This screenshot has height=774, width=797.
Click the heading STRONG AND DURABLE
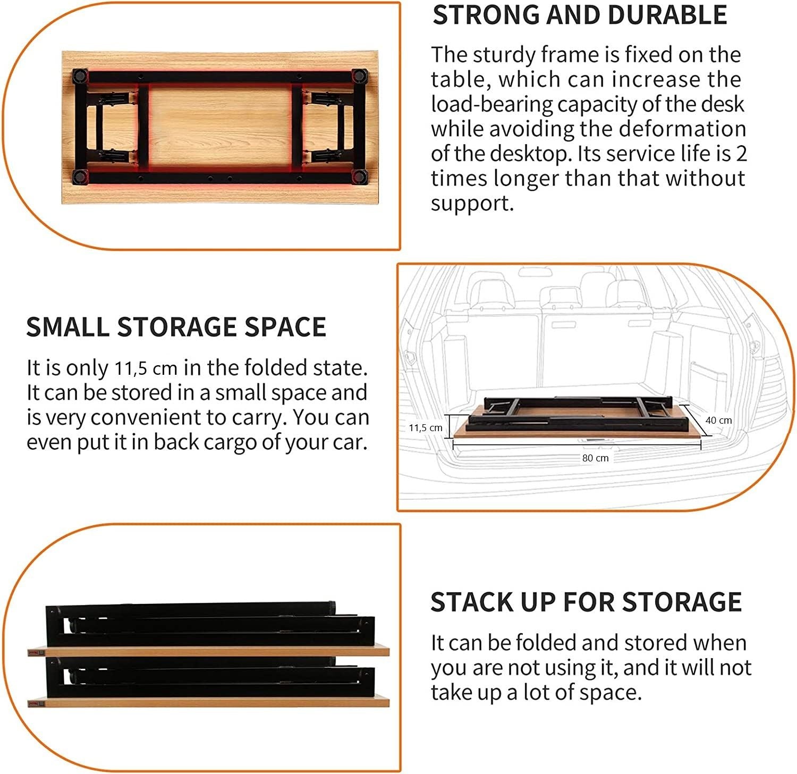(x=580, y=15)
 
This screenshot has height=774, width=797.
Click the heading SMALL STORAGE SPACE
(x=176, y=326)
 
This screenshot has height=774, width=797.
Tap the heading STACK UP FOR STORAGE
(x=586, y=602)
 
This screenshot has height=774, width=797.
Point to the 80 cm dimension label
(x=595, y=458)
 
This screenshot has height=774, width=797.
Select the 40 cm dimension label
(x=718, y=420)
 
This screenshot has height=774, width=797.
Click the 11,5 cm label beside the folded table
(x=425, y=427)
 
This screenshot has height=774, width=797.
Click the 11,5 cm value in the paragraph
(x=146, y=368)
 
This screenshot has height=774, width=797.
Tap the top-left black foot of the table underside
(x=79, y=75)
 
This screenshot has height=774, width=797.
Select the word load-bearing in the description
(x=492, y=104)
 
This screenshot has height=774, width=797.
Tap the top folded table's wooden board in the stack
(x=208, y=651)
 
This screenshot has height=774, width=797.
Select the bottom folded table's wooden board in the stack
(x=208, y=701)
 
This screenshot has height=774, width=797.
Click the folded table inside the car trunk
(x=579, y=417)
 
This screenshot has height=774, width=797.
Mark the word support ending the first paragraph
(x=471, y=203)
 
